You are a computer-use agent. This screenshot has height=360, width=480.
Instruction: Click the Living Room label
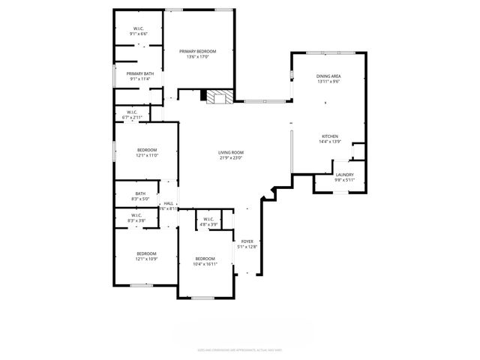coord(232,152)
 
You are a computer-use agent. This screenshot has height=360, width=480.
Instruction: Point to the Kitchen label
coord(330,136)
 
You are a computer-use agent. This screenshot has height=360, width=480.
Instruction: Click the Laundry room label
coord(345,175)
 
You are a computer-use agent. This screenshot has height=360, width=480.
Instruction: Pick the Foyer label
coord(247,241)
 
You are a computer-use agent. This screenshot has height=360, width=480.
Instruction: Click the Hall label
coord(169,203)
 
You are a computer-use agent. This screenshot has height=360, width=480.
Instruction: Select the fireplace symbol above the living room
coord(219,97)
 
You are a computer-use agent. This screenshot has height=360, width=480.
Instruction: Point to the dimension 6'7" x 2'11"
coord(131,117)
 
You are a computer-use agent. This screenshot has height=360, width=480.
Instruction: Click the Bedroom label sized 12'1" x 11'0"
coord(146,150)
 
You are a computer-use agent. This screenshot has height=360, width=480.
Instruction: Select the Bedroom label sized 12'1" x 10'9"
coord(146,253)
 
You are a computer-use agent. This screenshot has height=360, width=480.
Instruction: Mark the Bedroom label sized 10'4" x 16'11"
coord(205,259)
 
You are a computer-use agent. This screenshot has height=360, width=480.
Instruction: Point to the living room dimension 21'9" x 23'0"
coord(232,157)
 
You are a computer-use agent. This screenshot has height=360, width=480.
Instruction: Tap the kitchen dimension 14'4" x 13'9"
coord(330,142)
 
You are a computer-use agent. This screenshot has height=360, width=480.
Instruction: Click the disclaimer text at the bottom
coord(239,349)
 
